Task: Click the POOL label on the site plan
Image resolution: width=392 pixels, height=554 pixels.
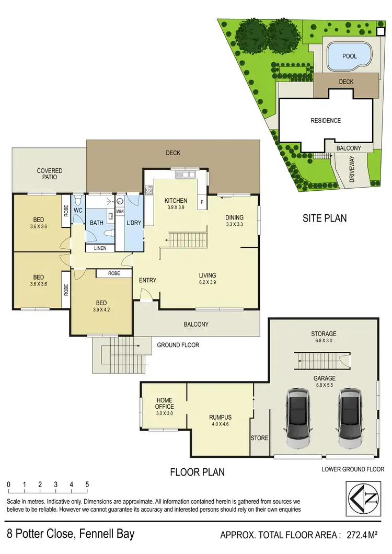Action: tap(349, 56)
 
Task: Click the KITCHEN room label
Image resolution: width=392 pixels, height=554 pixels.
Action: tap(176, 201)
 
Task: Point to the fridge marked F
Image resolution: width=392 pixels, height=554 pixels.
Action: tap(201, 202)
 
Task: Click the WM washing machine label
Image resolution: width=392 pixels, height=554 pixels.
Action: tap(120, 211)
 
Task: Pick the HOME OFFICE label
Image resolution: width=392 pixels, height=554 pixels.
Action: tap(164, 403)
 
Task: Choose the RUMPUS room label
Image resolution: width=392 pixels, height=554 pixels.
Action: tap(220, 417)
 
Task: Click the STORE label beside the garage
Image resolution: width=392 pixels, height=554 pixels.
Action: tap(259, 438)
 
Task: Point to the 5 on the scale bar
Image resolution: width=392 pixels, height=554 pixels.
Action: tap(87, 484)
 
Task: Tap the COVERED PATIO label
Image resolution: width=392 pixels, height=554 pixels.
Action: tap(50, 174)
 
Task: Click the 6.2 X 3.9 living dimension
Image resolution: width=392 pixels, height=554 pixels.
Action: tap(207, 282)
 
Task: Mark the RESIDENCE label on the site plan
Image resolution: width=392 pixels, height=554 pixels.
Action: tap(326, 121)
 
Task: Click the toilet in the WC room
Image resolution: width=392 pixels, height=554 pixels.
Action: tap(77, 201)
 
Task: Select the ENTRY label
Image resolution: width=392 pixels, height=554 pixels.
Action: tap(147, 281)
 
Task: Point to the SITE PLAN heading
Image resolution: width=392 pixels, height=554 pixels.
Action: tap(325, 218)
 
